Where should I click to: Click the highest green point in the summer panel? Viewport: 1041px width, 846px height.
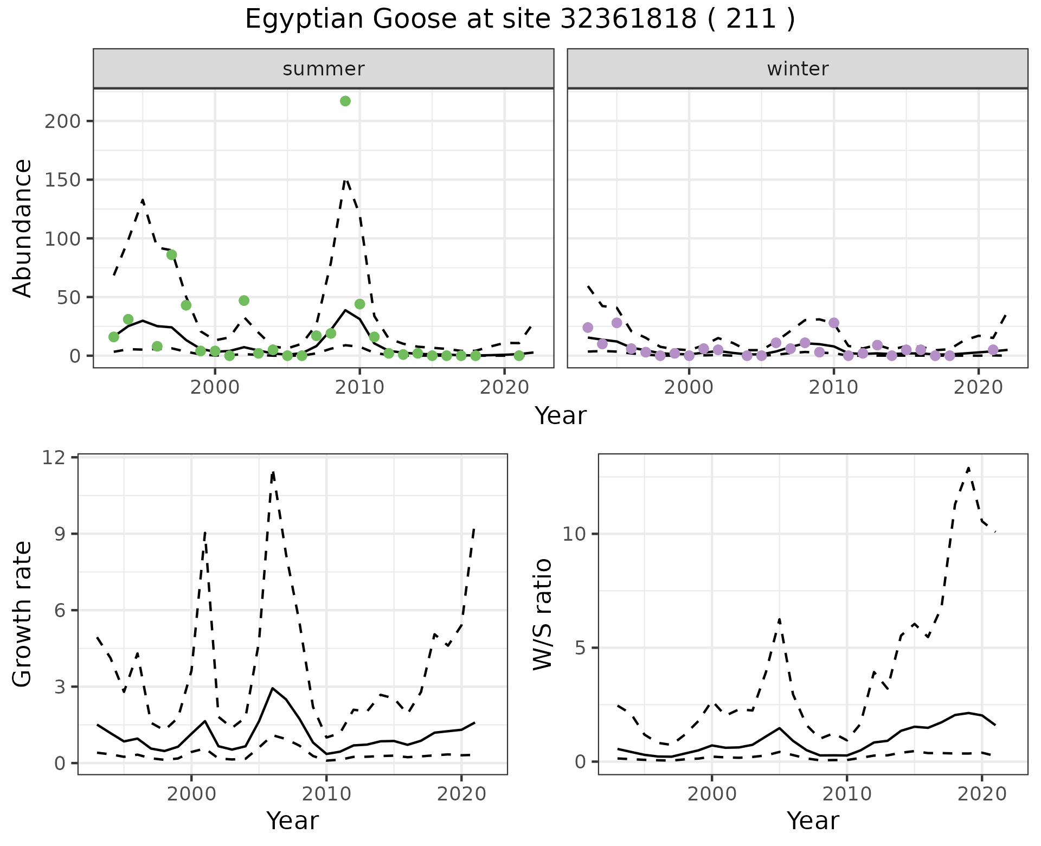coord(345,101)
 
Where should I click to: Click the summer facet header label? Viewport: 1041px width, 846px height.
coord(324,69)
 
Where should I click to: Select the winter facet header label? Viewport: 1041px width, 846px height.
coord(798,69)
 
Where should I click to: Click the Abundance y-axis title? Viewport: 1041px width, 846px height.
coord(23,228)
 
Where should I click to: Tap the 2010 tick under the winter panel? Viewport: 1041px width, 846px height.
coord(834,388)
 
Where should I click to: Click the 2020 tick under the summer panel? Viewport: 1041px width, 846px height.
coord(504,388)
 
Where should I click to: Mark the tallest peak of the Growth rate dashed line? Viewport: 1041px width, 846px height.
coord(273,472)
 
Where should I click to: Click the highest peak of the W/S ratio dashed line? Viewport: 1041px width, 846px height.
coord(968,467)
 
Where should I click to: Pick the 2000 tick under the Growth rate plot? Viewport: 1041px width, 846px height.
coord(191,794)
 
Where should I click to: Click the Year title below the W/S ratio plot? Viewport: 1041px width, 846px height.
coord(813,821)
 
